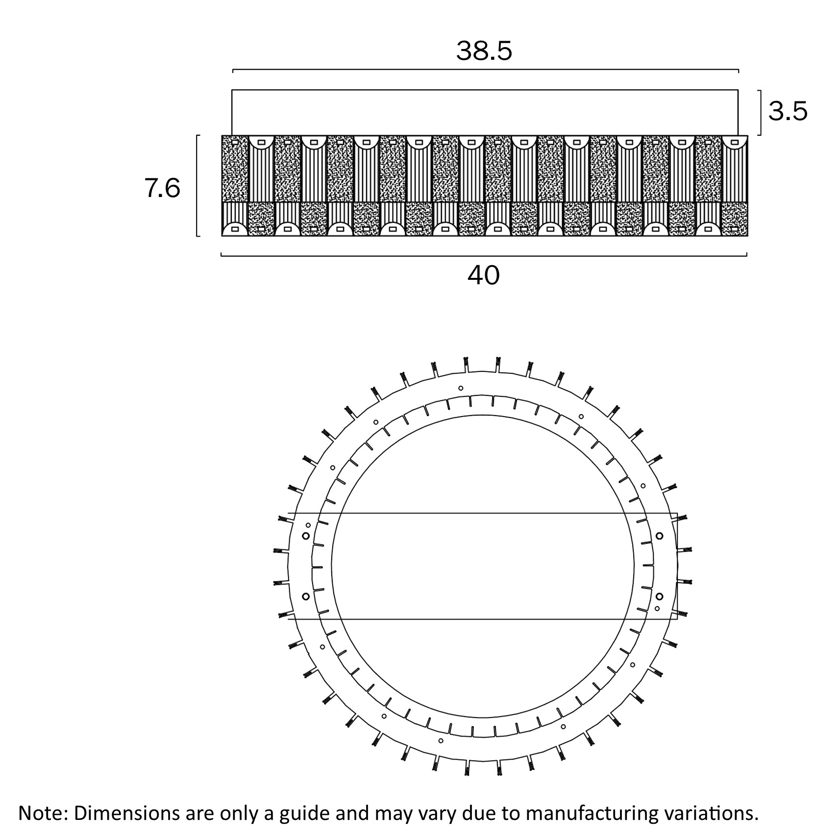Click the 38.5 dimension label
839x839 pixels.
(484, 50)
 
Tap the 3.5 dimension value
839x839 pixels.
(788, 112)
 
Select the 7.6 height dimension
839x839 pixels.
(163, 188)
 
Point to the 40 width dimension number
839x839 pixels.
(484, 275)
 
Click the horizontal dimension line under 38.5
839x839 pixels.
(485, 70)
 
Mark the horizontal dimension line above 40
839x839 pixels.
(484, 255)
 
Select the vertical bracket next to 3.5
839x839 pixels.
(760, 112)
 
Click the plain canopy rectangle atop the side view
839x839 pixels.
(485, 112)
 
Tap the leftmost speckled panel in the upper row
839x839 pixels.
(235, 169)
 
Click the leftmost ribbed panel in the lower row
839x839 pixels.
(235, 213)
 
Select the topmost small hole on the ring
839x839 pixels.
(461, 388)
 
